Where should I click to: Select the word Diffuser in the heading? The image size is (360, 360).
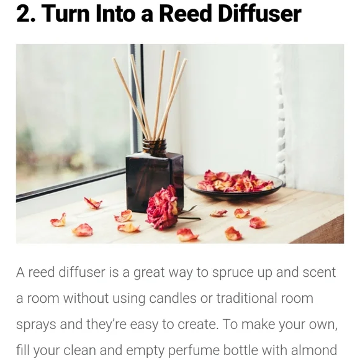(259, 14)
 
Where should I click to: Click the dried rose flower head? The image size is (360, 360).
(161, 208)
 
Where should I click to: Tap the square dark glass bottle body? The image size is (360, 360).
(155, 181)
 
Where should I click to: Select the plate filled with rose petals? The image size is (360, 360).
(233, 186)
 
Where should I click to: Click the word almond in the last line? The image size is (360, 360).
(314, 350)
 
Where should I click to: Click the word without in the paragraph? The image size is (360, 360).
(86, 298)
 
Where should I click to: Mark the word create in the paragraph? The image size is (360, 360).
(197, 325)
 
